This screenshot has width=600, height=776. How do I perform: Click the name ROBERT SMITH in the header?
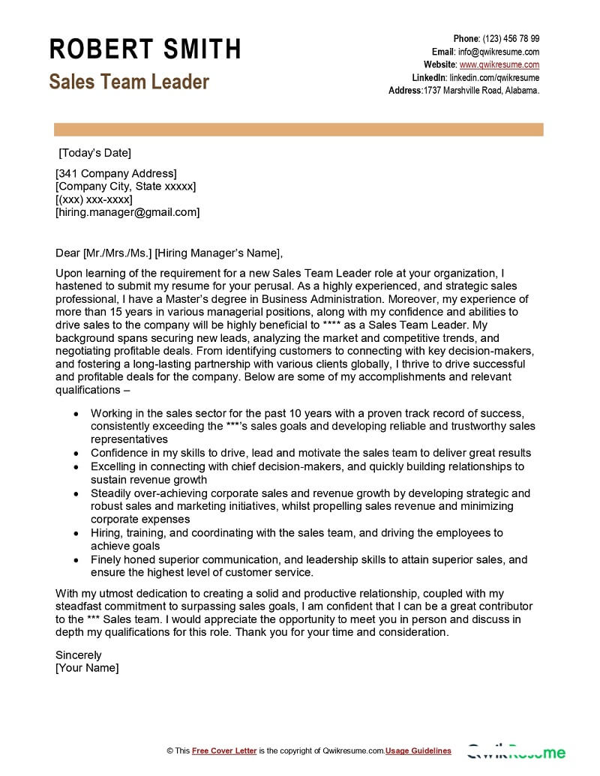[145, 49]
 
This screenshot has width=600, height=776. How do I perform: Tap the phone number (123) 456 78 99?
[511, 38]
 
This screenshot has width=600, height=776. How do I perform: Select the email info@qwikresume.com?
[499, 52]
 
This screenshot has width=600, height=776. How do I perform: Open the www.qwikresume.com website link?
[499, 64]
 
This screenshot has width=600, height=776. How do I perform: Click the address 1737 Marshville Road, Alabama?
[481, 90]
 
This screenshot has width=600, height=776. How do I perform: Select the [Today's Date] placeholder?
[94, 153]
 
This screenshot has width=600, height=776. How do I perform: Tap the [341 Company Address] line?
[116, 173]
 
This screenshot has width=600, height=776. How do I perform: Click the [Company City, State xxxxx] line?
[125, 186]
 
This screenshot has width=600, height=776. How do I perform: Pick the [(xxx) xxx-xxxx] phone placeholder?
[94, 199]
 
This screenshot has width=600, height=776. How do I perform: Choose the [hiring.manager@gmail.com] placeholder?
[127, 212]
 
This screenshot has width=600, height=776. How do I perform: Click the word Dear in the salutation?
[67, 252]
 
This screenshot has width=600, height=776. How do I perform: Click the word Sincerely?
[78, 655]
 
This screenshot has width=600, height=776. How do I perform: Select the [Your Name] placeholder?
[87, 668]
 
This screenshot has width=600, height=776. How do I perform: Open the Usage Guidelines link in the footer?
[418, 751]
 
